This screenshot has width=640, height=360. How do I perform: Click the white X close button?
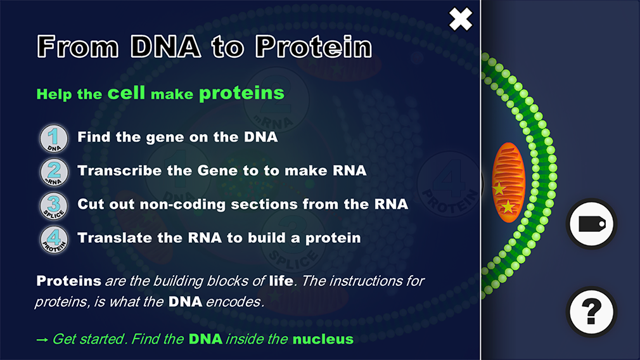click(x=461, y=19)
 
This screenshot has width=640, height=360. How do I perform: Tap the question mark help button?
click(x=591, y=312)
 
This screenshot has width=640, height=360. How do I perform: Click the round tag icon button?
click(x=591, y=224)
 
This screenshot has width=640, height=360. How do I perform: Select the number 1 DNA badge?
click(x=54, y=138)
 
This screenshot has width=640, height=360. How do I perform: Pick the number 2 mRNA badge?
click(x=54, y=172)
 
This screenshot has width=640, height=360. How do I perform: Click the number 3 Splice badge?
click(x=54, y=206)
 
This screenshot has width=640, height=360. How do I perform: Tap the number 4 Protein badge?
click(x=54, y=240)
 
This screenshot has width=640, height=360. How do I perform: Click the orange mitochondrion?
click(x=508, y=182)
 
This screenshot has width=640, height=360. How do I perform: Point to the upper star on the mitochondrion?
click(x=499, y=189)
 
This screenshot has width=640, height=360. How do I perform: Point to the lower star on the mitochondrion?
click(x=508, y=207)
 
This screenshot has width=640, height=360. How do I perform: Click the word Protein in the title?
click(x=314, y=46)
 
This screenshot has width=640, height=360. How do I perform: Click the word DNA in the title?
click(x=166, y=46)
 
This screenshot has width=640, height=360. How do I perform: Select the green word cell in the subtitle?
click(x=126, y=93)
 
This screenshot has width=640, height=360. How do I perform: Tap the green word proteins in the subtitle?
click(x=241, y=93)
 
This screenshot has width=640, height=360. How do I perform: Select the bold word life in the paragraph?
click(x=281, y=280)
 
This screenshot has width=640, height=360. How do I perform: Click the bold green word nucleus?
click(x=323, y=339)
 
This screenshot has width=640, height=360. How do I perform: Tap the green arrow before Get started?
click(x=42, y=340)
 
